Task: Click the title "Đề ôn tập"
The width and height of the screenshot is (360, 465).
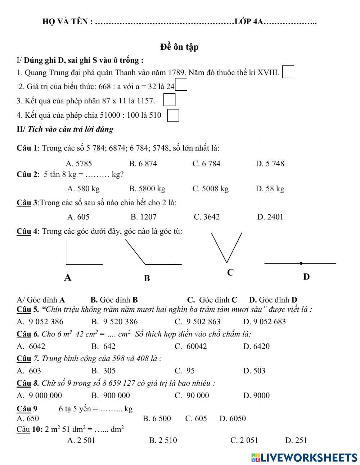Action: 179,47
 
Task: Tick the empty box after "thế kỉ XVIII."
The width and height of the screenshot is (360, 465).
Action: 288,72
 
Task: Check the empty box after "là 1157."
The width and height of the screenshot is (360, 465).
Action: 169,100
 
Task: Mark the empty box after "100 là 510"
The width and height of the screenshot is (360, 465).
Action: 173,115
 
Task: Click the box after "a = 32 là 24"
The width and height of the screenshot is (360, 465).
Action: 181,85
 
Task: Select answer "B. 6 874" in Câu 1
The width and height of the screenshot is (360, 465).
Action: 143,164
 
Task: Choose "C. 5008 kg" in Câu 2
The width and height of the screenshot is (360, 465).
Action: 210,188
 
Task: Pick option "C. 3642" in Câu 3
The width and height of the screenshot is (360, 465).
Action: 206,217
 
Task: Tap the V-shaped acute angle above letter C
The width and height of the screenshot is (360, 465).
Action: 227,249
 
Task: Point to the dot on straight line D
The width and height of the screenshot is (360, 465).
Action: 301,263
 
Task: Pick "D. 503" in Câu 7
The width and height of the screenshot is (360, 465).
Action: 254,371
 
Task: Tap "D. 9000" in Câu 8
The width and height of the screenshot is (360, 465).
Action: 256,395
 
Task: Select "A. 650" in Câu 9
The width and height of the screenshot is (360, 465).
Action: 28,418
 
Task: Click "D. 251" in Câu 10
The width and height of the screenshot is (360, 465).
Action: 296,440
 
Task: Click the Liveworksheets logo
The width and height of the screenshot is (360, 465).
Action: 304,457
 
